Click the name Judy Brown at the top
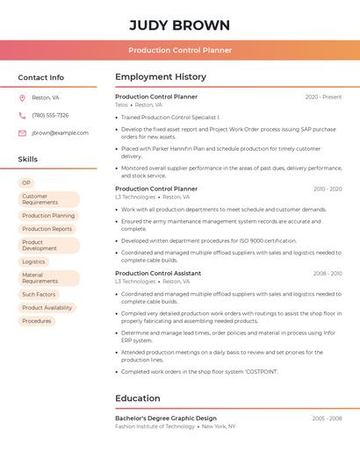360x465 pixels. pos(180,25)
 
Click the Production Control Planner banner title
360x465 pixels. pos(180,50)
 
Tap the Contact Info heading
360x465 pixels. pos(40,77)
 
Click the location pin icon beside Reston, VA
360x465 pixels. pos(22,97)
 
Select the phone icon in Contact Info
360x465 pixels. pos(22,115)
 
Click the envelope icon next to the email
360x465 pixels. pos(22,132)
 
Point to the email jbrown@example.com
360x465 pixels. pos(60,132)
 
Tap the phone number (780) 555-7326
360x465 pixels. pos(50,115)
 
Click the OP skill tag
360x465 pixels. pos(26,182)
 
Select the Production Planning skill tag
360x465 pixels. pos(48,215)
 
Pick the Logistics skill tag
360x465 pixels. pos(33,261)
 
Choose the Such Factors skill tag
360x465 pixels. pos(39,295)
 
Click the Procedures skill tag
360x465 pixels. pos(37,321)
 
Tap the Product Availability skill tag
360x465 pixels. pos(47,308)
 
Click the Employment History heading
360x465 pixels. pos(161,77)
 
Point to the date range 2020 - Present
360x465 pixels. pos(323,97)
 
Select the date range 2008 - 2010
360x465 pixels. pos(328,273)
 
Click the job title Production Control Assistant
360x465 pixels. pos(158,273)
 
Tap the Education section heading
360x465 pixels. pos(138,398)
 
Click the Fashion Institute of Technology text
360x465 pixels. pos(155,426)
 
